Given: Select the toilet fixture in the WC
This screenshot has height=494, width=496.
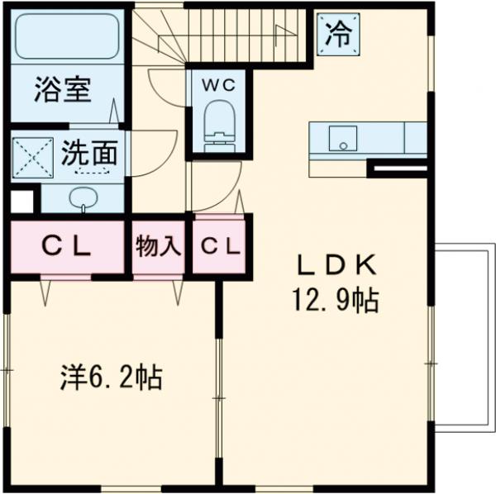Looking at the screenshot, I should point(217,124).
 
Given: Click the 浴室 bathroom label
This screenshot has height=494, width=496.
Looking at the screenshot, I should point(62,89).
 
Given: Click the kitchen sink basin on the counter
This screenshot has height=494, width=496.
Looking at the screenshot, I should point(340,138).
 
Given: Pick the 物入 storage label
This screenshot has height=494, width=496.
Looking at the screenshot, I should point(158,246).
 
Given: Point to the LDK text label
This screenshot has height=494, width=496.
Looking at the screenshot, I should point(336,265).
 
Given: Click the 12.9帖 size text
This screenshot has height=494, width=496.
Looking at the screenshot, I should point(334,298).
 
